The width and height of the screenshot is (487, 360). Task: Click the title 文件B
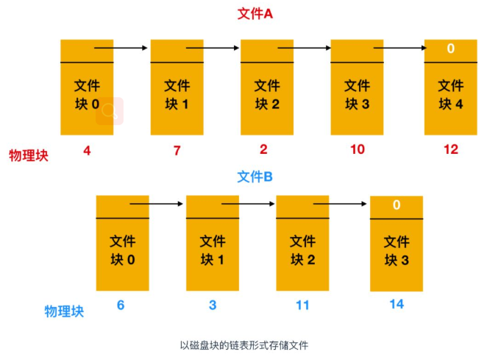(x=255, y=177)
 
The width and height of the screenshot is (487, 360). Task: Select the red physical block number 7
(x=177, y=150)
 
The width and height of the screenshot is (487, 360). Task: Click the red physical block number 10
(x=357, y=150)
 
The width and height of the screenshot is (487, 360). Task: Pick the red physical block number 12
(x=450, y=150)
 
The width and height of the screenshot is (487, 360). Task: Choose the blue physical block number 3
(x=212, y=304)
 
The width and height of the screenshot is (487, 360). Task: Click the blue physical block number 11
(x=302, y=304)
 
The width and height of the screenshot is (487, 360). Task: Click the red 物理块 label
(x=28, y=155)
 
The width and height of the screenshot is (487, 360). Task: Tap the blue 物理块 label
(x=64, y=311)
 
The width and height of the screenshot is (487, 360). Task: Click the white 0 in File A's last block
(x=450, y=49)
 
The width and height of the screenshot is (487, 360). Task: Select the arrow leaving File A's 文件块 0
(x=121, y=49)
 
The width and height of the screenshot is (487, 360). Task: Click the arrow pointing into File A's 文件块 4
(x=401, y=49)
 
